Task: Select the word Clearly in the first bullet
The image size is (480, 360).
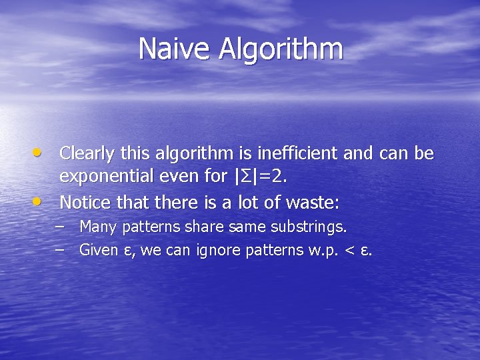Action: click(85, 154)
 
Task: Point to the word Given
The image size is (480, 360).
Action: click(97, 251)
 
